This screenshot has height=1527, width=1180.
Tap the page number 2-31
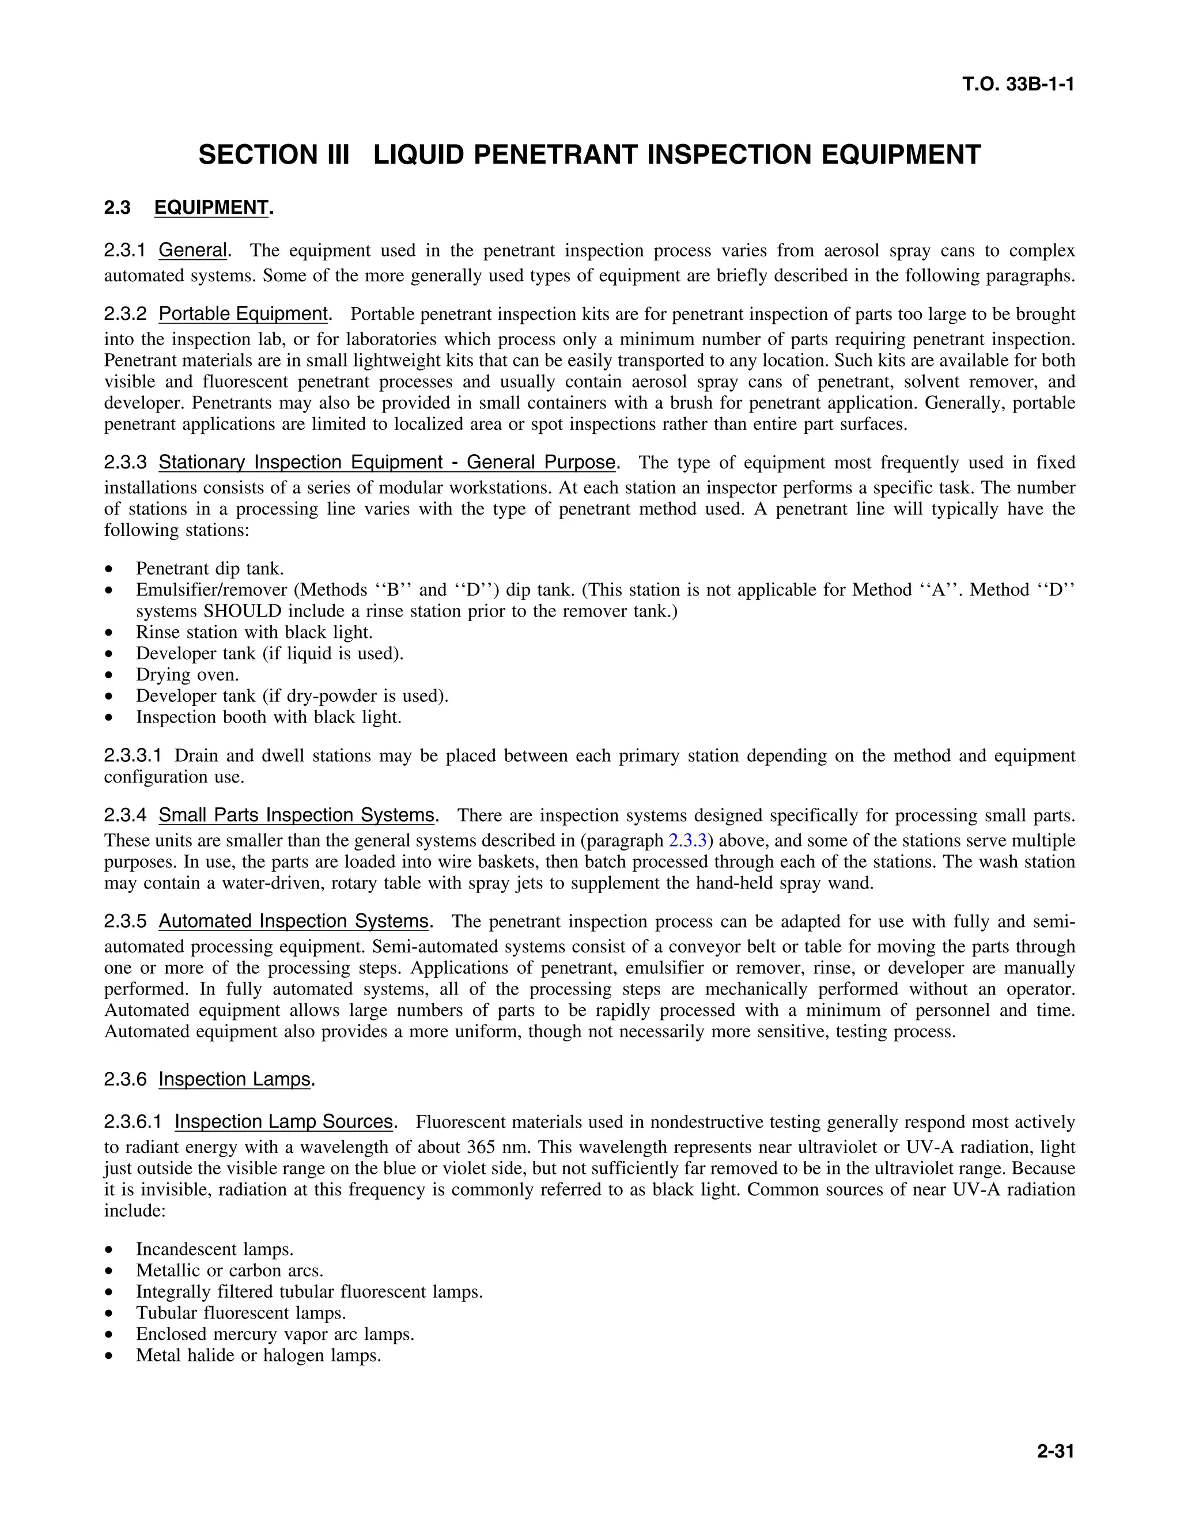pos(1055,1452)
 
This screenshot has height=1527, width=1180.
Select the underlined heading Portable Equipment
pos(243,314)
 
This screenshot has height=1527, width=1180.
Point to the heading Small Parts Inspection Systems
pos(296,815)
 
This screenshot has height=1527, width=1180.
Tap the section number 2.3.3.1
pos(133,756)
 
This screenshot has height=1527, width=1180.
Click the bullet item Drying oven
pos(187,675)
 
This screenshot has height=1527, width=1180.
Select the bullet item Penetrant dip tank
pos(210,568)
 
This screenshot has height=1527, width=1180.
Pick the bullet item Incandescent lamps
pos(214,1249)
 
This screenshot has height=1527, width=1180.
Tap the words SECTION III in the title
pos(273,154)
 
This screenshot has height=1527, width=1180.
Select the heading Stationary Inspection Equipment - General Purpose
pos(387,463)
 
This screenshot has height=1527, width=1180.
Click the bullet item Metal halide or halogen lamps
pos(259,1356)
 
